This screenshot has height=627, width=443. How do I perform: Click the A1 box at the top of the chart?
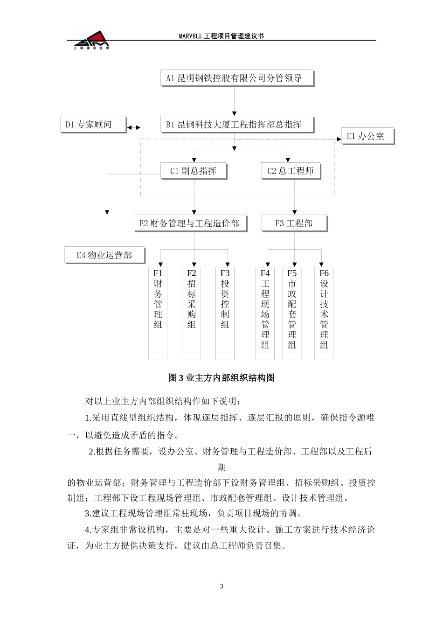tap(237, 78)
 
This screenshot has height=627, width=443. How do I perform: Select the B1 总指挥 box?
tap(237, 125)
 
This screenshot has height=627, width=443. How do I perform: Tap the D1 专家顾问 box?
tap(93, 125)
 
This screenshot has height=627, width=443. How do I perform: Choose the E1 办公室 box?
tap(368, 136)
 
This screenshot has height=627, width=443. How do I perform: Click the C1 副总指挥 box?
tap(194, 171)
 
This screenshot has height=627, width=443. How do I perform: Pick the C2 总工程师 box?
tap(291, 171)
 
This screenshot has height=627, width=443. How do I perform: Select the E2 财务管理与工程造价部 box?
tap(190, 223)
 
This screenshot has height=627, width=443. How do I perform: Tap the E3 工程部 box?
tap(294, 223)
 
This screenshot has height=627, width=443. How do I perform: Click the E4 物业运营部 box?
tap(104, 255)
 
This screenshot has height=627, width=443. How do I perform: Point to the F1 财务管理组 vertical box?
tap(158, 313)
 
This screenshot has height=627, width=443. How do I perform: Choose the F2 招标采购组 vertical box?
tap(192, 313)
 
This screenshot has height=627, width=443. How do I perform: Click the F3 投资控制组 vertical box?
tap(225, 313)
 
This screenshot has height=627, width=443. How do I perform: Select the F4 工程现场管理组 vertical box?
tap(265, 313)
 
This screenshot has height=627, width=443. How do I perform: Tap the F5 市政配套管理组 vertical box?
tap(292, 313)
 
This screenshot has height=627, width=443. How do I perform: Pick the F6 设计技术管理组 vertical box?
tap(324, 313)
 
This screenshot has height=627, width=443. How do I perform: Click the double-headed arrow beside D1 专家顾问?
tap(134, 127)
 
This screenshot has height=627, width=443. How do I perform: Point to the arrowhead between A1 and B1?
tap(234, 113)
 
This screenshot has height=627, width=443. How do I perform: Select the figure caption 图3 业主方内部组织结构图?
tap(221, 378)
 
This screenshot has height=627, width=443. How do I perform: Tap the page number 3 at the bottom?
tap(221, 586)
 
